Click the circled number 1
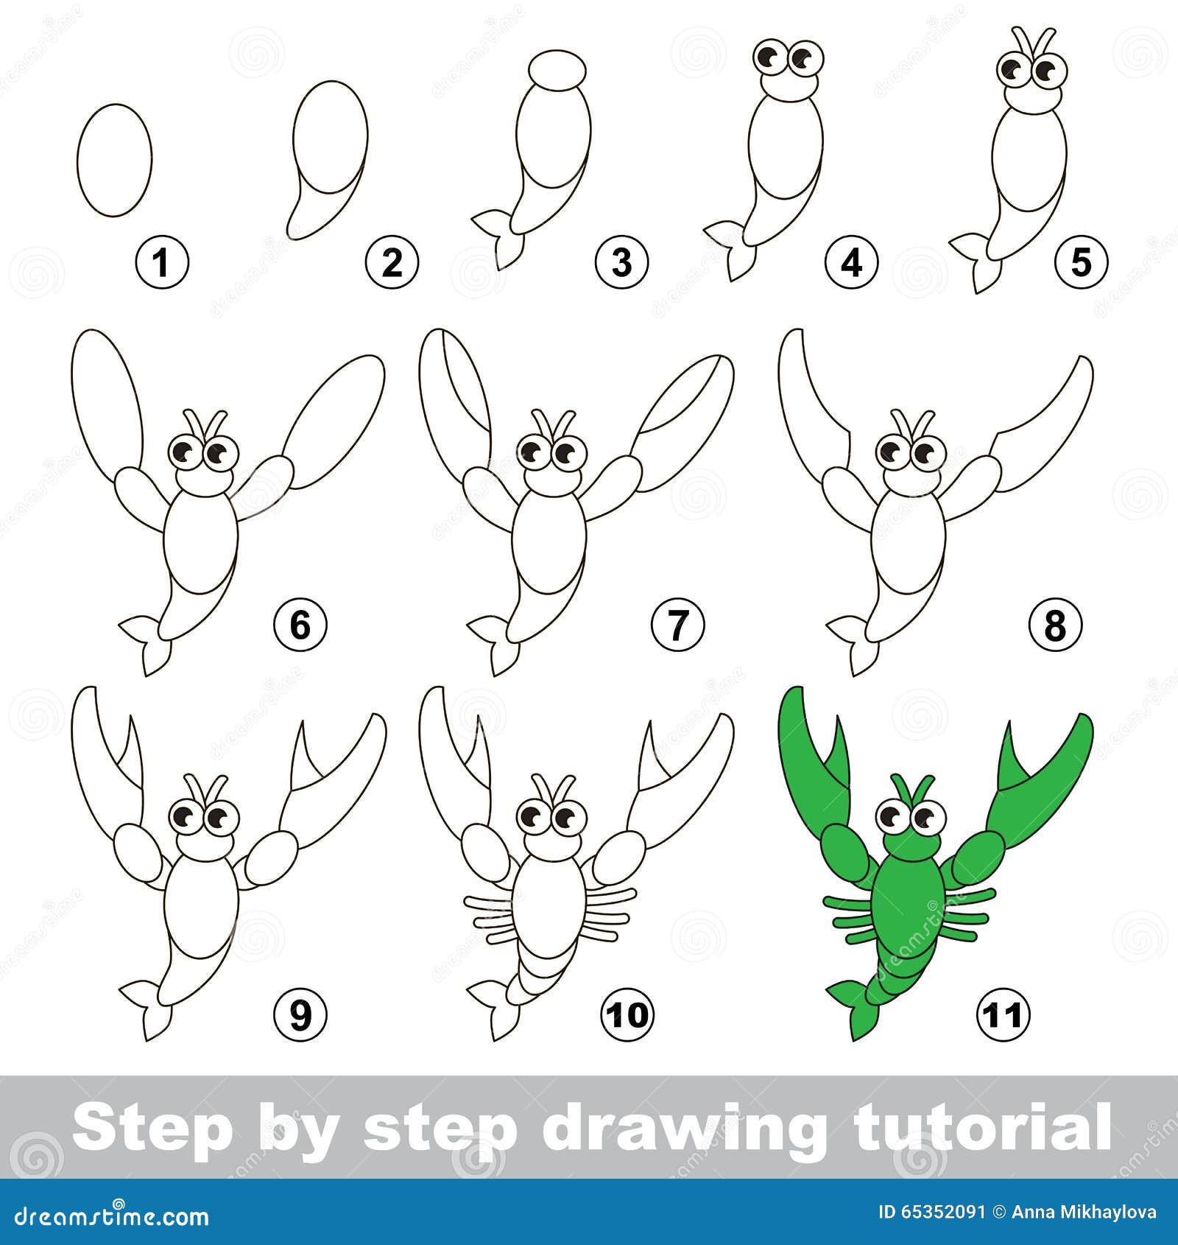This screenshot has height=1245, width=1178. [x=163, y=262]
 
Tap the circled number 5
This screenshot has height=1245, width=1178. [x=1081, y=262]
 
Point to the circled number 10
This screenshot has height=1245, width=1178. [x=629, y=1015]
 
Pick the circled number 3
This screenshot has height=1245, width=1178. [x=622, y=262]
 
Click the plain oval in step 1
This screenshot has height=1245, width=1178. [x=114, y=160]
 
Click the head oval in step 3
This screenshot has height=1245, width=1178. [x=557, y=70]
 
